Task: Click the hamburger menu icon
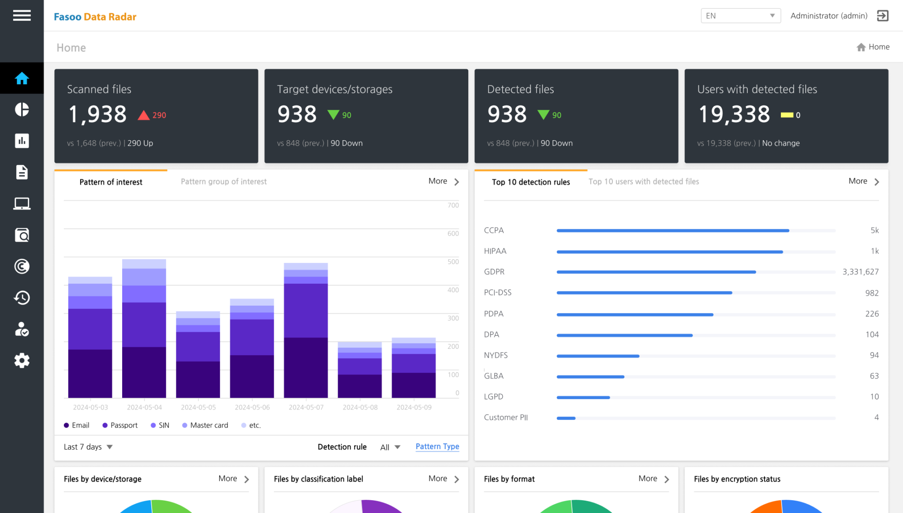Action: coord(22,16)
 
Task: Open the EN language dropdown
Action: coord(740,16)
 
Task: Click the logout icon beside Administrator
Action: coord(882,16)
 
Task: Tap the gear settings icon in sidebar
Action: coord(22,360)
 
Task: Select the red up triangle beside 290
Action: coord(143,116)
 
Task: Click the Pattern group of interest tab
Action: coord(224,182)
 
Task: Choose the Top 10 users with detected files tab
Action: coord(643,182)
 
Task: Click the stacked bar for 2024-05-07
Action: coord(306,331)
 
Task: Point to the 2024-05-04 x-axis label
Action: coord(144,407)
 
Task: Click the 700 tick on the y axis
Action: coord(453,206)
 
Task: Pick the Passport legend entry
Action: coord(120,425)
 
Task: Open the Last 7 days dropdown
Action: coord(88,447)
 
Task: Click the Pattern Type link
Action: coord(437,446)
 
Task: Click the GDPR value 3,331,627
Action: coord(860,272)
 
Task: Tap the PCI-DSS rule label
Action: coord(497,292)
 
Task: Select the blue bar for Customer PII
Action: coord(566,418)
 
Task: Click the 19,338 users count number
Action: coord(734,114)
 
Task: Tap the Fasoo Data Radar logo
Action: coord(95,17)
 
